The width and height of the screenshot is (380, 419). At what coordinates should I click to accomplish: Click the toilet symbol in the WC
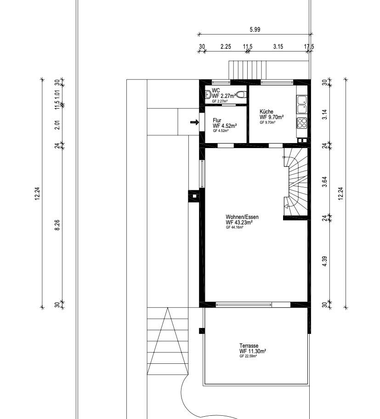(242, 95)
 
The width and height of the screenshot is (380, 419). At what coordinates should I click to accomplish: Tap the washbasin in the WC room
(208, 95)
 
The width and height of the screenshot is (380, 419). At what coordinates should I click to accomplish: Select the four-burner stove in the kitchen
(302, 123)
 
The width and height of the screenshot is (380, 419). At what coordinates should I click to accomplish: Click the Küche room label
(266, 112)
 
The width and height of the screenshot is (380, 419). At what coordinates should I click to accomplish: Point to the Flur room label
(217, 120)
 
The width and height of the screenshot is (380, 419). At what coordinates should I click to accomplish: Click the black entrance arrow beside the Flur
(194, 122)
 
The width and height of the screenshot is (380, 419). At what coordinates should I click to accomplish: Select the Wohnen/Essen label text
(242, 217)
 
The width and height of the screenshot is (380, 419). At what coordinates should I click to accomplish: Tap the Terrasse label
(249, 346)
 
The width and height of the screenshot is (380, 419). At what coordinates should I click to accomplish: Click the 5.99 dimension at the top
(255, 29)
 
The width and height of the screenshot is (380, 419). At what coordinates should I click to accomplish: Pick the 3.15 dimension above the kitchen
(278, 46)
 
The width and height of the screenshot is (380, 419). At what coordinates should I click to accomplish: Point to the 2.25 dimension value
(226, 46)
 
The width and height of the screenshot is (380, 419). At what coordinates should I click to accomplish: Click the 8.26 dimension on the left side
(57, 225)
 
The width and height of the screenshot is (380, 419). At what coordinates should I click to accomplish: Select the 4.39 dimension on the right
(324, 261)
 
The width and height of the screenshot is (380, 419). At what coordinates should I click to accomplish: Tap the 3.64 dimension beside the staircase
(324, 182)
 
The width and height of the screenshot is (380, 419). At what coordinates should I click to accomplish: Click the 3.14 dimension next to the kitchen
(324, 115)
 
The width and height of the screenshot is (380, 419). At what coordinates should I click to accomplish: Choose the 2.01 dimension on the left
(57, 125)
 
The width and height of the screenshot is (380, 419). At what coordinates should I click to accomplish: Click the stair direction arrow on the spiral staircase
(286, 206)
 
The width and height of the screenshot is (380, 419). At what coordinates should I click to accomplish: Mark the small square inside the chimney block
(194, 196)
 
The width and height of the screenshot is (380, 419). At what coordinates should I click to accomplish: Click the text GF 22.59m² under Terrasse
(248, 356)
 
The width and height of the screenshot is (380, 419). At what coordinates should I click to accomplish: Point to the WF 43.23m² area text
(239, 222)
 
